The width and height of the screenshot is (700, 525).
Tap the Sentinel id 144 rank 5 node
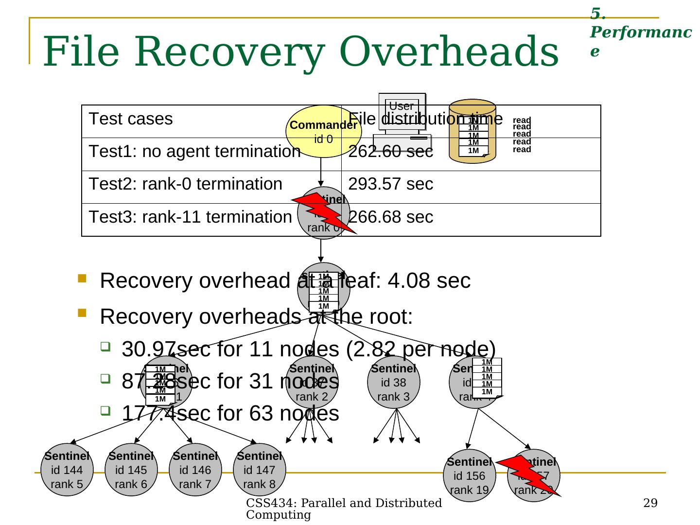click(67, 470)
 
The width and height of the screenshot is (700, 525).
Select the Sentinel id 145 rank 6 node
click(131, 470)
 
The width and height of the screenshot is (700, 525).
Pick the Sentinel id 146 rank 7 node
click(195, 470)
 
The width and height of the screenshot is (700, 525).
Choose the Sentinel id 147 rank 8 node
click(260, 470)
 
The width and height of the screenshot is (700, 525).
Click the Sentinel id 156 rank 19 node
click(469, 475)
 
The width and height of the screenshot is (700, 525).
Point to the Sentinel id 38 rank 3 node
click(394, 382)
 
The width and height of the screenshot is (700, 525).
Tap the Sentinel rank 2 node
click(312, 382)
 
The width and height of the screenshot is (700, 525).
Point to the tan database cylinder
click(472, 132)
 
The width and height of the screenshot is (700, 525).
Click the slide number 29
click(650, 503)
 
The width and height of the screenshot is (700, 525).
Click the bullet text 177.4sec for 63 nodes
click(230, 413)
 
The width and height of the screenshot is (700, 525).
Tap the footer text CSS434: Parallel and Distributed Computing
click(344, 508)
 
